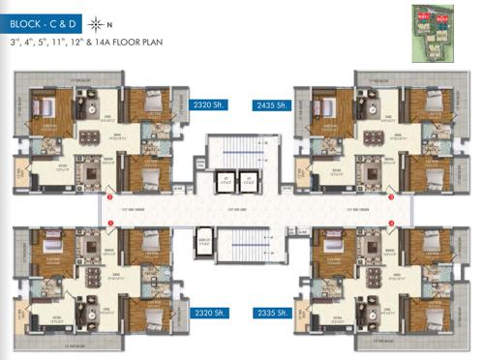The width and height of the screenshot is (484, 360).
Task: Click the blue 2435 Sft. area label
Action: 272,105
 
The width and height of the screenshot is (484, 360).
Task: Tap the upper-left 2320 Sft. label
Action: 210,105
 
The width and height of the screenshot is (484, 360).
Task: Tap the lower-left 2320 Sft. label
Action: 210,314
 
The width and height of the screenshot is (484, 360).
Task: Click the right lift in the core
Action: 249,180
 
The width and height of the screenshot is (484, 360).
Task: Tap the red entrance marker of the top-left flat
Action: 110,196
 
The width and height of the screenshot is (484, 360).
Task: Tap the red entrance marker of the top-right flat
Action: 391,196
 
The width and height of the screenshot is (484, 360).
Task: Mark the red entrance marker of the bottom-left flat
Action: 110,224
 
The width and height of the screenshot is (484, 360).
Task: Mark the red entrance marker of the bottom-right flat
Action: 391,224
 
